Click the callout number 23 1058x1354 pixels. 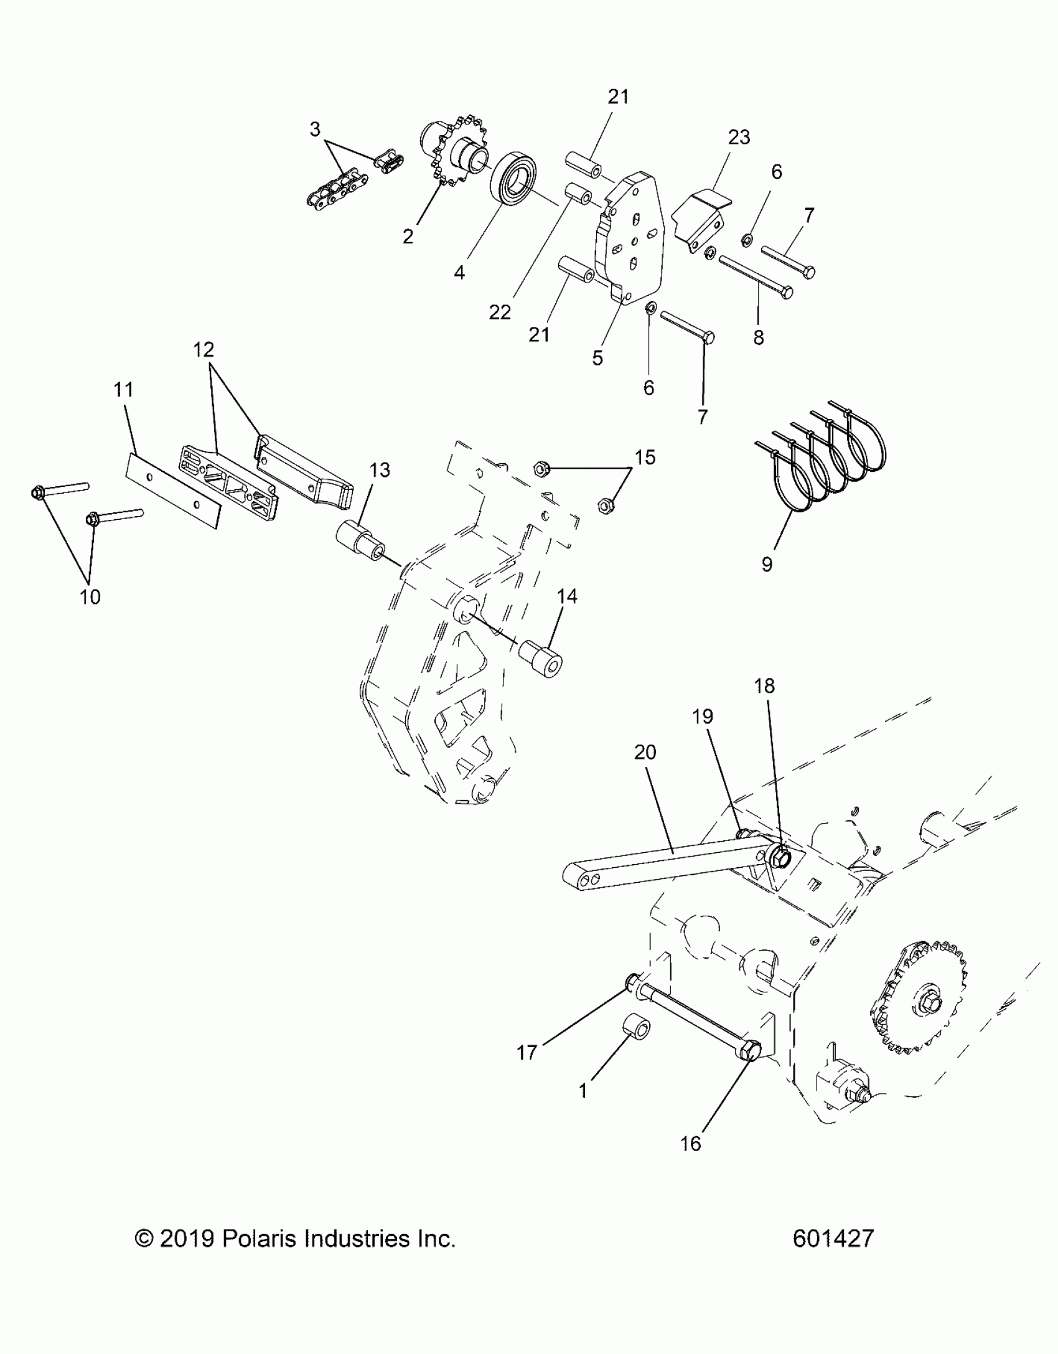click(x=739, y=137)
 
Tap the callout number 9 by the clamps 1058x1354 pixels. click(x=767, y=564)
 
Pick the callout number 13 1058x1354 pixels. click(x=380, y=470)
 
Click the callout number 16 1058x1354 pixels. click(x=691, y=1144)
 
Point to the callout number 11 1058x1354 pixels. click(x=124, y=390)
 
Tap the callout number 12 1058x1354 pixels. click(x=204, y=350)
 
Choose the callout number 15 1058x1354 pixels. click(x=645, y=458)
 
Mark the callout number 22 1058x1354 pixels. click(x=500, y=312)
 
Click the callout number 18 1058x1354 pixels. click(x=764, y=685)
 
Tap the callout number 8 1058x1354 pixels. click(x=758, y=337)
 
